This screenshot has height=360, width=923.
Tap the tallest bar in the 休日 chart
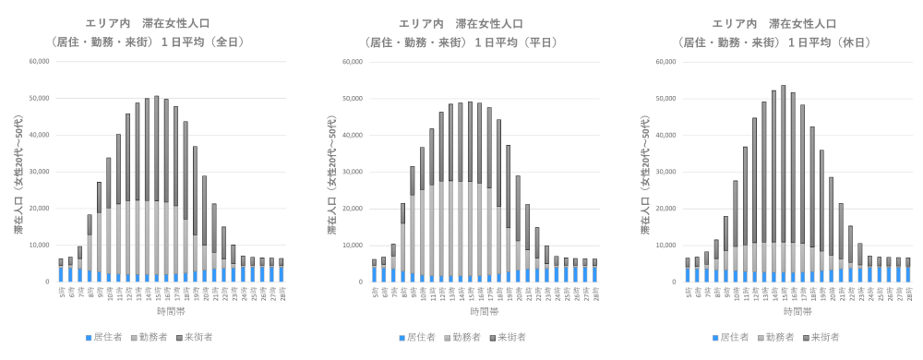pyautogui.click(x=783, y=184)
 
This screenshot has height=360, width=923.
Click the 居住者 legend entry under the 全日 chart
pyautogui.click(x=107, y=338)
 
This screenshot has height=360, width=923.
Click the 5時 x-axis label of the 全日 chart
pyautogui.click(x=60, y=292)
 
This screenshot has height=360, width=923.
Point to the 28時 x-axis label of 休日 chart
pyautogui.click(x=909, y=292)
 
